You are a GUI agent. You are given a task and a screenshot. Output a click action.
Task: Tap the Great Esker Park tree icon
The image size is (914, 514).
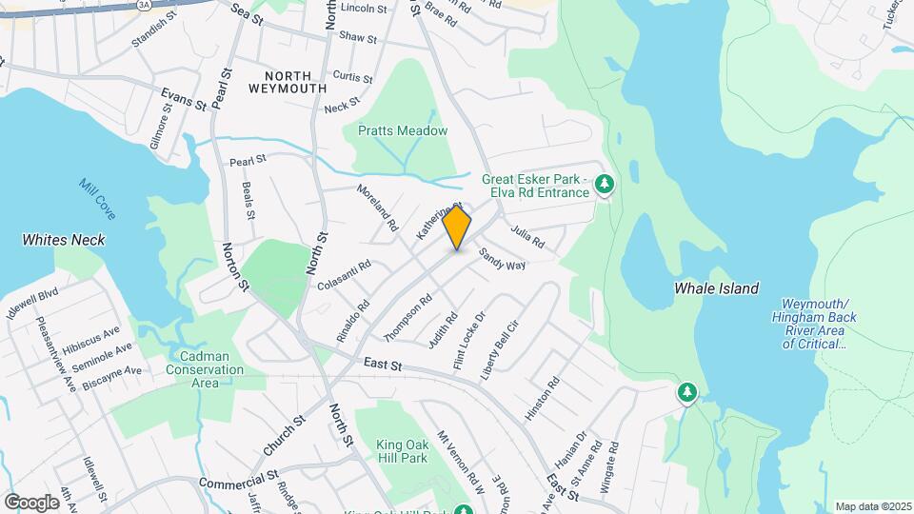(603, 184)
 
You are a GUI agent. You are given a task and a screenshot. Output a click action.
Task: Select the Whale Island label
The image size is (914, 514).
(716, 287)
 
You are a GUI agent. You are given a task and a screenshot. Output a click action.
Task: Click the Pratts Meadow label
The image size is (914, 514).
(403, 130)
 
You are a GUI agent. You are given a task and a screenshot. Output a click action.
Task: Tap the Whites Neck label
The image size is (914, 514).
(64, 240)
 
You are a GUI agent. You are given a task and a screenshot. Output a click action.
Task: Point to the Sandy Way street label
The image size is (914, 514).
(502, 259)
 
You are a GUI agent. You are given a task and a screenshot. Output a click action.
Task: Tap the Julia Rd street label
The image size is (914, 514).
(527, 237)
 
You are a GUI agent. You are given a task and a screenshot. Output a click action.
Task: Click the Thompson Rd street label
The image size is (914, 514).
(407, 318)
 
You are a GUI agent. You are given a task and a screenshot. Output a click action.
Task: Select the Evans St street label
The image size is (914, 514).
(184, 97)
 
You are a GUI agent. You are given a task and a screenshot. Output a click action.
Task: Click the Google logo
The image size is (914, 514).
(31, 502)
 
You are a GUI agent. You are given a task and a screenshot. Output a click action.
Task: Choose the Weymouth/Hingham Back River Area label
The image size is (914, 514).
(815, 323)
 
